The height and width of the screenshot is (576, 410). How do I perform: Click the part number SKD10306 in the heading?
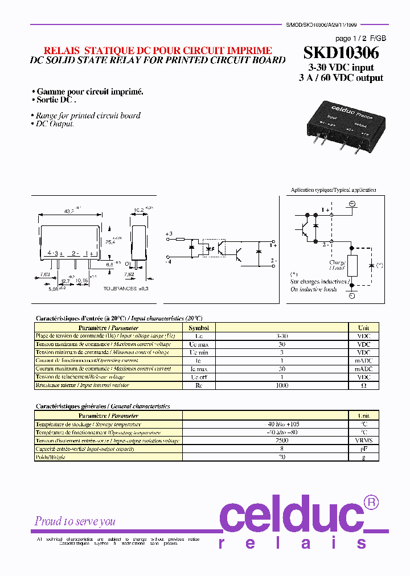pos(341,53)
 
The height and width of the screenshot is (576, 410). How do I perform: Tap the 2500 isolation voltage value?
pos(282,441)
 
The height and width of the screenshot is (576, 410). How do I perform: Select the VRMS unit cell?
pos(363,441)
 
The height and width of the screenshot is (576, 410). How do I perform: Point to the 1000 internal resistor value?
pos(282,385)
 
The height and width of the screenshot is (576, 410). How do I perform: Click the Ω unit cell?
pos(363,385)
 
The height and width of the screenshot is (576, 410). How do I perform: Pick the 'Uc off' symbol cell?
pos(199,377)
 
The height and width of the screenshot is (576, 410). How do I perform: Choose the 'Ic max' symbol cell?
pos(199,369)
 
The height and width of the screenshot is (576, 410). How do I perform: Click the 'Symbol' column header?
pos(199,328)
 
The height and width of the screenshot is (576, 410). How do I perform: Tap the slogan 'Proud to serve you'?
pos(75,521)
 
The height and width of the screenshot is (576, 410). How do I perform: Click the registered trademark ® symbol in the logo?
pos(371,502)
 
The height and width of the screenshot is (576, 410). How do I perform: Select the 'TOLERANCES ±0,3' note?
pos(126,289)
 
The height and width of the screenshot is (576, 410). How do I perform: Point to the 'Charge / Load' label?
pos(337,265)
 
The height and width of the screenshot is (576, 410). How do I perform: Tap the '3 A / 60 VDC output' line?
pos(341,78)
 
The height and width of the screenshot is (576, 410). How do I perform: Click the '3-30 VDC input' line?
pos(341,68)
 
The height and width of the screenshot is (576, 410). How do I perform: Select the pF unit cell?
pos(363,449)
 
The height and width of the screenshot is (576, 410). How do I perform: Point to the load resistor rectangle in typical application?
pos(352,266)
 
